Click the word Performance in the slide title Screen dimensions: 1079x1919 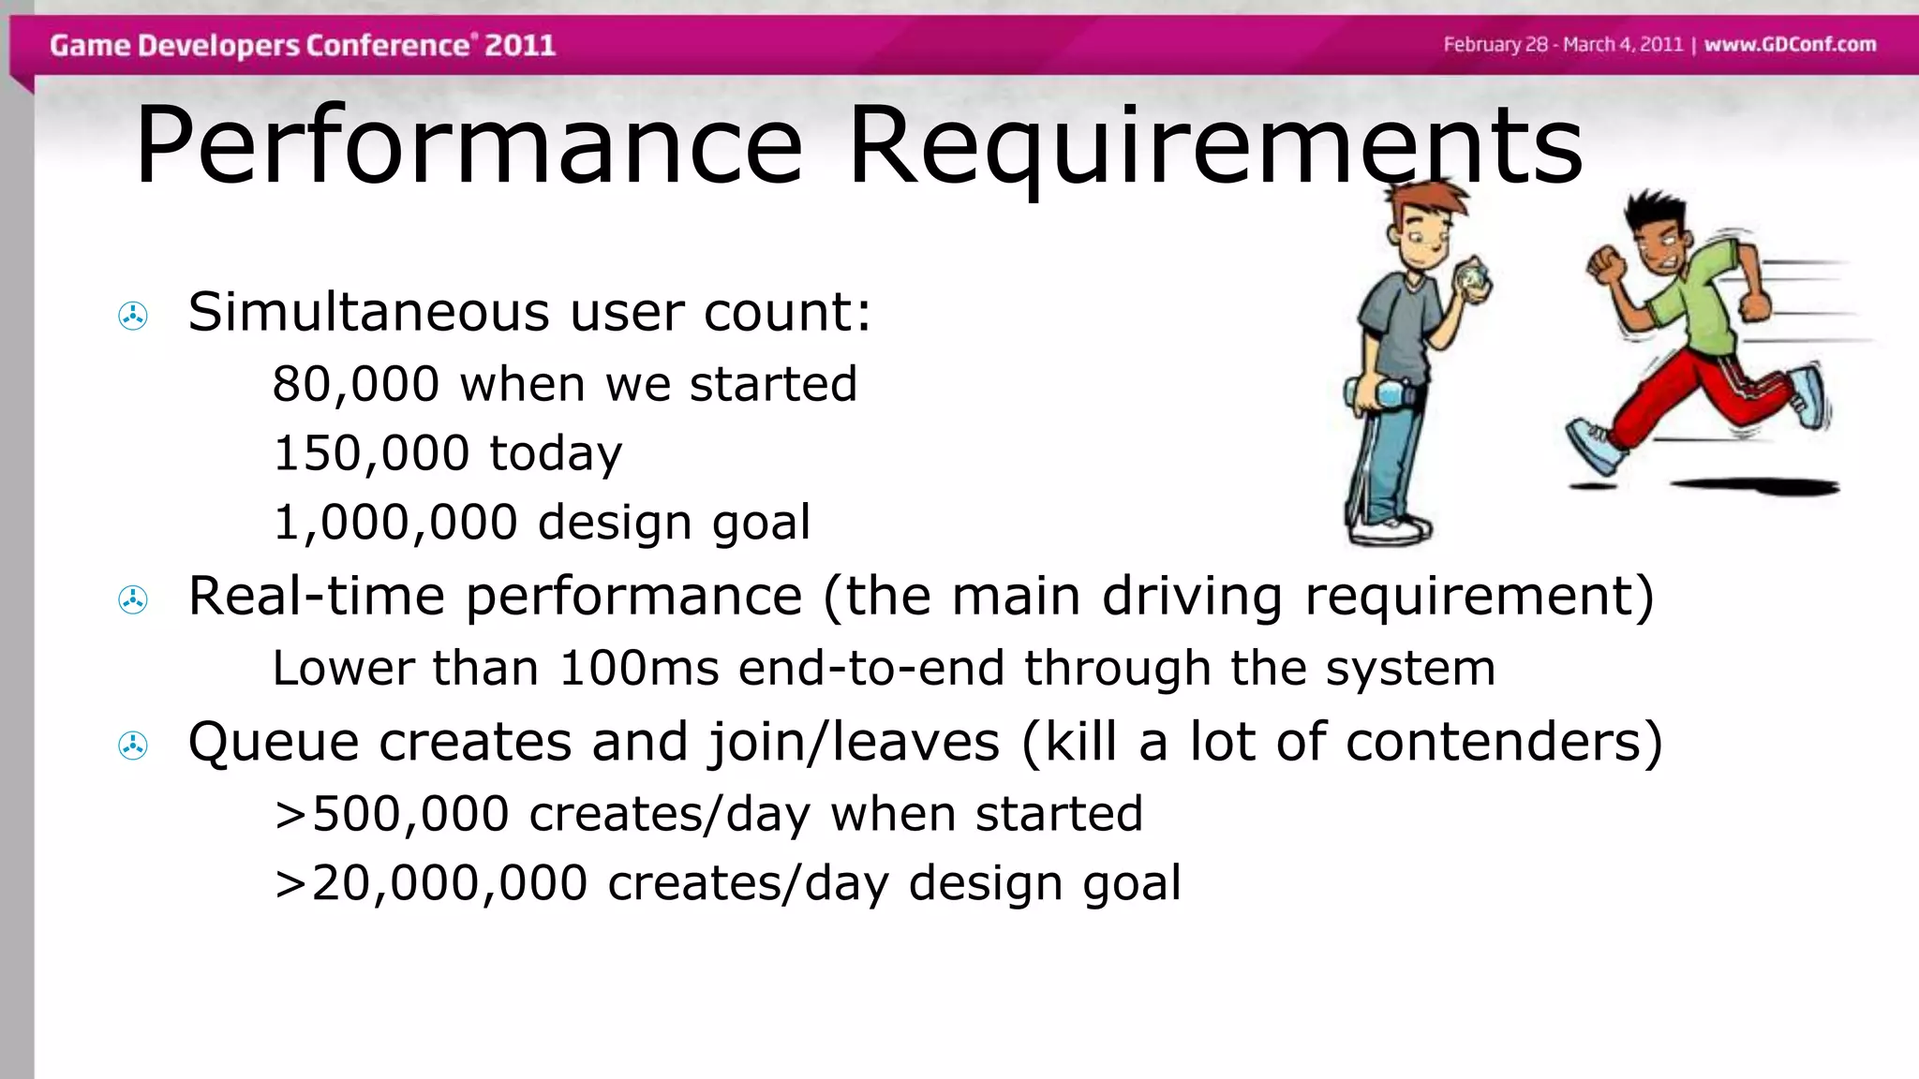tap(469, 147)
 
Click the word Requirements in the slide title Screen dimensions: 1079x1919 tap(1214, 147)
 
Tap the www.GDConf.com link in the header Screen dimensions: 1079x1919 tap(1790, 44)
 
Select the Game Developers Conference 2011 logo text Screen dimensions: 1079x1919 tap(303, 45)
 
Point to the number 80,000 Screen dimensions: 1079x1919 tap(356, 384)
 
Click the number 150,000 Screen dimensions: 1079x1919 tap(371, 453)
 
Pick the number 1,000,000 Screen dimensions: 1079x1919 tap(395, 522)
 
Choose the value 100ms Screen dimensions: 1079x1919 tap(639, 669)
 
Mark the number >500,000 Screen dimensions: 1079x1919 tap(392, 813)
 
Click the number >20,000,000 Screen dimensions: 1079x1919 tap(431, 883)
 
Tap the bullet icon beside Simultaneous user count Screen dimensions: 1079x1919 tap(133, 317)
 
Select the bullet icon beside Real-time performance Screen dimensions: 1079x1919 tap(133, 599)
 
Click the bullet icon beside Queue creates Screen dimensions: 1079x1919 tap(133, 746)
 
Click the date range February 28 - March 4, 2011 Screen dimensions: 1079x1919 tap(1563, 44)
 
